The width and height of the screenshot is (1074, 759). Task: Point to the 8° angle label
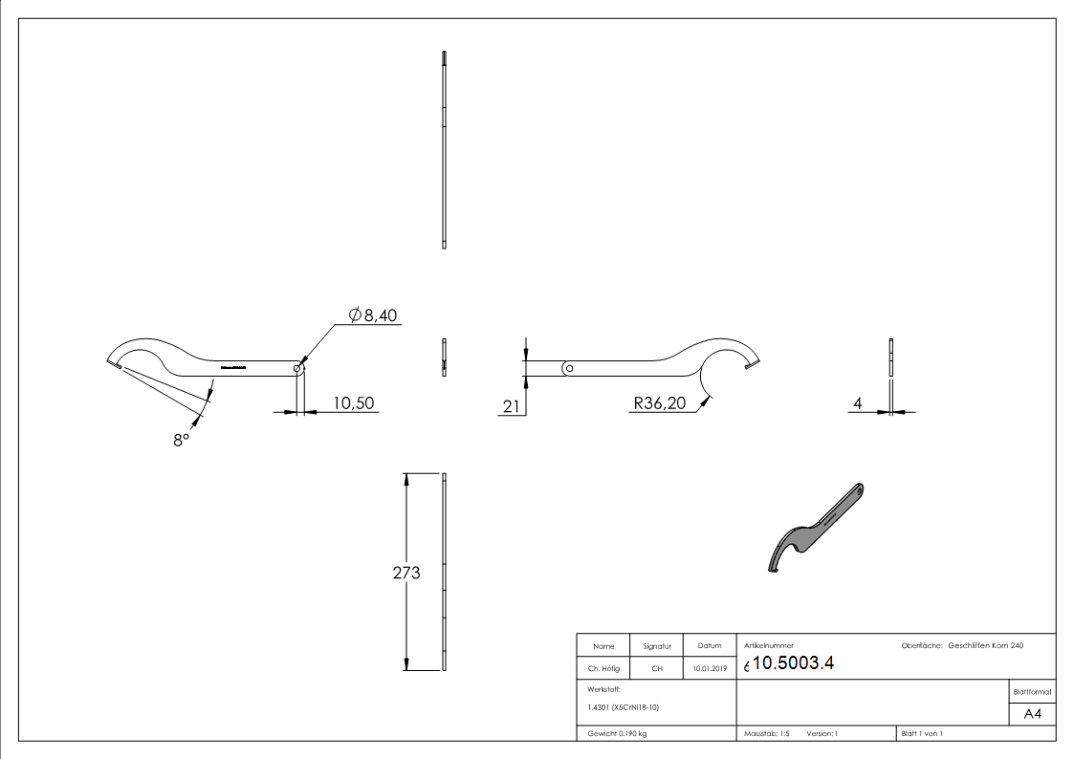[181, 442]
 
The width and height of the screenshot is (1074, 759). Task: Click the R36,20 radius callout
[659, 403]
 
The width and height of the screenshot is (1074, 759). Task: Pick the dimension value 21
[511, 406]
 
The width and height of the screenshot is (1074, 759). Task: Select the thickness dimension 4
[858, 404]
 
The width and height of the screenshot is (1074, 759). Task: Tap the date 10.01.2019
[709, 669]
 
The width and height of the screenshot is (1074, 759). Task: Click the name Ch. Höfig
[603, 669]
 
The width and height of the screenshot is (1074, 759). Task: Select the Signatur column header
[657, 647]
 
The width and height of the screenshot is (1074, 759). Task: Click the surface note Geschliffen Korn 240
[985, 646]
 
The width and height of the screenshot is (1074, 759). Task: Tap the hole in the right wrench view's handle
[568, 367]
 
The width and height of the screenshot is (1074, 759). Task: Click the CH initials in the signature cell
[657, 669]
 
